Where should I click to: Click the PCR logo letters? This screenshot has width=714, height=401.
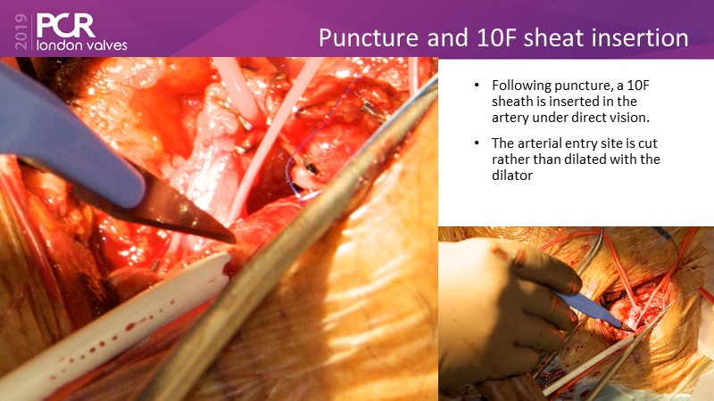(65, 26)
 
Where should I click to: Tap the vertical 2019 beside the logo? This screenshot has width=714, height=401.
(21, 31)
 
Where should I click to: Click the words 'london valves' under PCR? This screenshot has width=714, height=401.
(82, 45)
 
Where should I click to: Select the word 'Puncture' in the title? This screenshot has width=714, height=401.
(369, 37)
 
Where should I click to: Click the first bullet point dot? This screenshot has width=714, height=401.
(477, 86)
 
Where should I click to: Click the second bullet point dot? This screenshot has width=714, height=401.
(477, 143)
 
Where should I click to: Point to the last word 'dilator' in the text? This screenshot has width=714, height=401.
(511, 175)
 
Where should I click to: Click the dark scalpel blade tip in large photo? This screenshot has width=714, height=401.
(232, 239)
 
